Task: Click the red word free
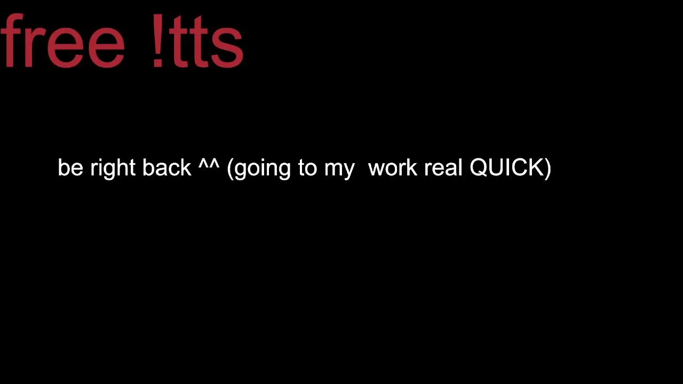click(62, 40)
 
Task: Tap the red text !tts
click(198, 40)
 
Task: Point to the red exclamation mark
click(158, 40)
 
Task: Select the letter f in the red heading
click(12, 39)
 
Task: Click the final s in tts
click(227, 46)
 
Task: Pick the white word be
click(70, 167)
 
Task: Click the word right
click(113, 169)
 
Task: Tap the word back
click(167, 167)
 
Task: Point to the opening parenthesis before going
click(230, 169)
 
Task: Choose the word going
click(263, 169)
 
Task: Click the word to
click(308, 168)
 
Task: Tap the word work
click(393, 167)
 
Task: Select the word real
click(443, 167)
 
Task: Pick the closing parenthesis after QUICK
click(548, 169)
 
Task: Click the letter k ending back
click(185, 167)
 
